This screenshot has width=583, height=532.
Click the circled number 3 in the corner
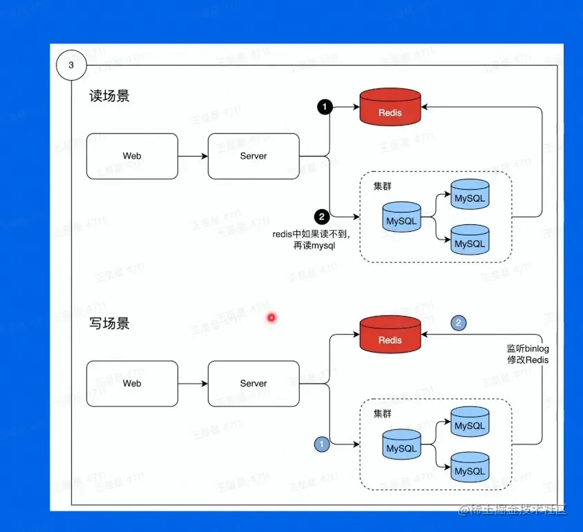[x=71, y=66]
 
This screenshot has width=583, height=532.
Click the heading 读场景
[x=109, y=96]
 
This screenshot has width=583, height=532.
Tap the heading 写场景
[x=109, y=323]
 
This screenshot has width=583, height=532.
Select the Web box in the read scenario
[x=132, y=156]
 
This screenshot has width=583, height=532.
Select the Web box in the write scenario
[x=132, y=383]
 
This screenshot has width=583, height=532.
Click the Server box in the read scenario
[x=254, y=156]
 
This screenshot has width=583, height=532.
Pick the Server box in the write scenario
[x=254, y=383]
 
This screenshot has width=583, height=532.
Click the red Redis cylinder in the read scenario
[x=390, y=110]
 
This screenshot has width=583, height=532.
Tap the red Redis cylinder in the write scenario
[x=390, y=338]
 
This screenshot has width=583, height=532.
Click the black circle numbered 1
[x=325, y=107]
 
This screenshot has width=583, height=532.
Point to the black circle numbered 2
[x=321, y=217]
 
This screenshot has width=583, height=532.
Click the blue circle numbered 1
[x=321, y=444]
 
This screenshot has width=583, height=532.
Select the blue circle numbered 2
[x=459, y=322]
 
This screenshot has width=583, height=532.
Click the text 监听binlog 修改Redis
[x=528, y=355]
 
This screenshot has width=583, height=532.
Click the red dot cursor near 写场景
[x=271, y=318]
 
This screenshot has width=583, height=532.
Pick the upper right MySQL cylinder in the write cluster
[x=470, y=424]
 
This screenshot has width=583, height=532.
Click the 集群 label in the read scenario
[x=383, y=186]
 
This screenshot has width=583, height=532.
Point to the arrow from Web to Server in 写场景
[x=193, y=383]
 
